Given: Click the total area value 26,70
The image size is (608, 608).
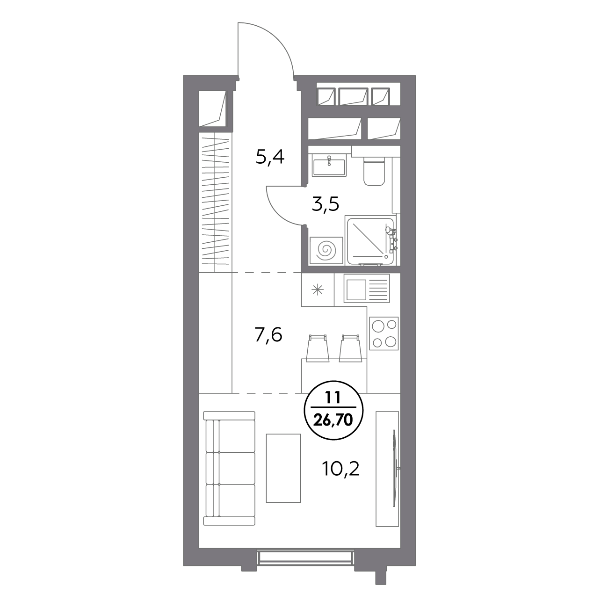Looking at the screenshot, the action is (333, 420).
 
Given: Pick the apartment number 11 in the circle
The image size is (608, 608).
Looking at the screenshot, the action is (333, 398).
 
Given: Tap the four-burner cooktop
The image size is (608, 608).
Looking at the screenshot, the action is (384, 334).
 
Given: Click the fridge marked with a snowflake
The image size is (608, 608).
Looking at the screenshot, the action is (318, 290).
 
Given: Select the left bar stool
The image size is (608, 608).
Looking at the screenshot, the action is (318, 348).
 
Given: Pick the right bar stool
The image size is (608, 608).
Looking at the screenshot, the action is (350, 348).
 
